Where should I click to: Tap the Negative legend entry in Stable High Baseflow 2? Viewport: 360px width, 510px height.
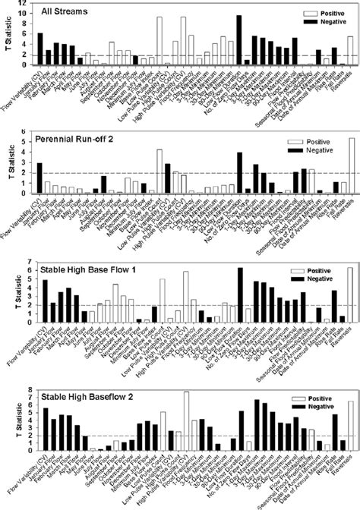[324, 409]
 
